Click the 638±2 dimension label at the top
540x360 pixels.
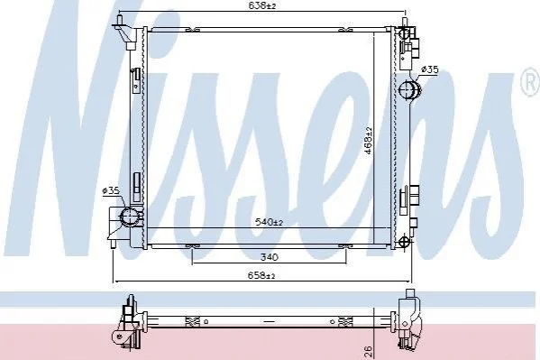point(262,5)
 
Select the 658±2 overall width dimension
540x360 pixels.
point(261,275)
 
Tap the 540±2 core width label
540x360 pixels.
point(269,222)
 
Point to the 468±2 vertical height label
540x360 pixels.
point(369,141)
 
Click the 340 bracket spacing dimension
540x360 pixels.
point(269,257)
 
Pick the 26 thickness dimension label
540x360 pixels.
point(369,351)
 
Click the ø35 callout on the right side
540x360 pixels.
point(430,70)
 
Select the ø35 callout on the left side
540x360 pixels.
point(111,190)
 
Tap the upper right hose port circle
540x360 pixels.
point(409,90)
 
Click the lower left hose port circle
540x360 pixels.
point(130,217)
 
